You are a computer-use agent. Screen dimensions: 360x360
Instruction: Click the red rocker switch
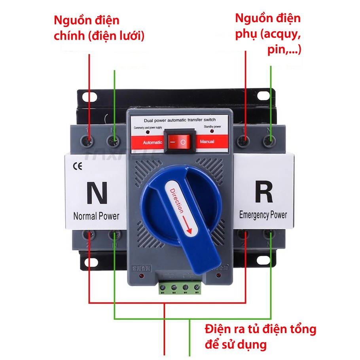(177, 141)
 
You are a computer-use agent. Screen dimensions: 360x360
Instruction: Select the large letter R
(263, 193)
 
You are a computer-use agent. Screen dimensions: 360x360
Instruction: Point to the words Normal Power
(96, 216)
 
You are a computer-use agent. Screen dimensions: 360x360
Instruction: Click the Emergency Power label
(263, 215)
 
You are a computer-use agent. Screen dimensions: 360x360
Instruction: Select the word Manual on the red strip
(207, 141)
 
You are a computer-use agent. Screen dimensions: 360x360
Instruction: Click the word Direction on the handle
(176, 200)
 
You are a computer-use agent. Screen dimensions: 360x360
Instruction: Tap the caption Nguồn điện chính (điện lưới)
(99, 28)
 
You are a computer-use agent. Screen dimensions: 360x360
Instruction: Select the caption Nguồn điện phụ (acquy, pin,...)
(268, 34)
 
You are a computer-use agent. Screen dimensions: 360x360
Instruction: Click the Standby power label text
(212, 127)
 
